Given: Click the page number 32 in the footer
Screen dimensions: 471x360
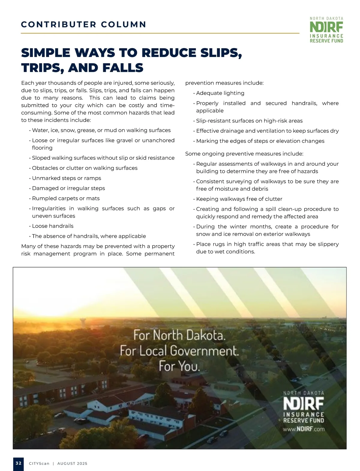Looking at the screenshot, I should pyautogui.click(x=19, y=463).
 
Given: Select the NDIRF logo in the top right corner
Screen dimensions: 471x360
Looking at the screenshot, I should pyautogui.click(x=326, y=30).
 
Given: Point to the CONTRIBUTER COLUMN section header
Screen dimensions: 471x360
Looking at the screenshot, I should pyautogui.click(x=84, y=24).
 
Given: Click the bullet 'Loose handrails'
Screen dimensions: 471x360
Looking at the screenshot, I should pyautogui.click(x=53, y=226).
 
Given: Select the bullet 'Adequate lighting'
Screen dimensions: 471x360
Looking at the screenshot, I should pyautogui.click(x=220, y=93).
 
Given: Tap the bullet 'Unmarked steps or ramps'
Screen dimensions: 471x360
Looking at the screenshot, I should pyautogui.click(x=67, y=178).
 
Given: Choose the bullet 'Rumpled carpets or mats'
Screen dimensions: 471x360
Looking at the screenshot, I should pyautogui.click(x=66, y=198).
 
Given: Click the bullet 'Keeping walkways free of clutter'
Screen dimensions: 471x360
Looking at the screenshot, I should pyautogui.click(x=239, y=199).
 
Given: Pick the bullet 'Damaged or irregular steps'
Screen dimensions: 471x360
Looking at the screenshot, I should pyautogui.click(x=68, y=188).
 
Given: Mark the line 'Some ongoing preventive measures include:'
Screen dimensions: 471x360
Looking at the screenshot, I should pyautogui.click(x=244, y=154).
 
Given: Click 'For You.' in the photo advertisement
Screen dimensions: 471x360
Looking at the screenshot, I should pyautogui.click(x=179, y=366).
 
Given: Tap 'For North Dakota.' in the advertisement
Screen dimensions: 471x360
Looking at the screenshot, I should pyautogui.click(x=179, y=335).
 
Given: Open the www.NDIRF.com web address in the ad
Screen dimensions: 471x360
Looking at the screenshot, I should pyautogui.click(x=304, y=429).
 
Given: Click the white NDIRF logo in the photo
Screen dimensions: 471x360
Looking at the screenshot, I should pyautogui.click(x=304, y=404).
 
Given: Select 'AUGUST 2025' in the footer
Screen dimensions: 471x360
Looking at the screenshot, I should pyautogui.click(x=72, y=463).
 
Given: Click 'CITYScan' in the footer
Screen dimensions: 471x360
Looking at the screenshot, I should pyautogui.click(x=39, y=463).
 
